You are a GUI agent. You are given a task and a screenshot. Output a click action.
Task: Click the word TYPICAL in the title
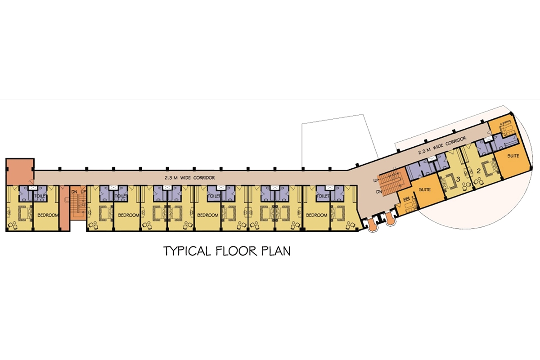tap(187, 251)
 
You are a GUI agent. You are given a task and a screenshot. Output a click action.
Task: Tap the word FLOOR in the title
tap(236, 251)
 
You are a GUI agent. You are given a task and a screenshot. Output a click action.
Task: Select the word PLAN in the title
tap(276, 251)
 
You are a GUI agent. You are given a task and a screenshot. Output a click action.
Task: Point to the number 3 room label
tap(458, 179)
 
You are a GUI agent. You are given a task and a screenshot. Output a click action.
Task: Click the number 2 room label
tap(478, 171)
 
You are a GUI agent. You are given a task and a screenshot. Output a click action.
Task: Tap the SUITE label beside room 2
tap(513, 156)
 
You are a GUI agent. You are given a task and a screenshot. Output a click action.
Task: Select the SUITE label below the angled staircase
tap(424, 189)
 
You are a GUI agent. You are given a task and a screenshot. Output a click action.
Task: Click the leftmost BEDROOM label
tap(48, 215)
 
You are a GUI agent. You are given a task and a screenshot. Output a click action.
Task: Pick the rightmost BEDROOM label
tap(316, 215)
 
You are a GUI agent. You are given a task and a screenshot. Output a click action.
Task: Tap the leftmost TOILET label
tap(40, 196)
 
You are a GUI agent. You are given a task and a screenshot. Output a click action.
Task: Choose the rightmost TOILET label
tap(323, 196)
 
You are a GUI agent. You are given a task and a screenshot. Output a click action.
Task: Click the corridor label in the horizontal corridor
tap(190, 178)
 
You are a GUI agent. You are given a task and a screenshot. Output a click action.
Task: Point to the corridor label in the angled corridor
tap(442, 145)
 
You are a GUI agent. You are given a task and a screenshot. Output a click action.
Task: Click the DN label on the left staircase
tap(74, 192)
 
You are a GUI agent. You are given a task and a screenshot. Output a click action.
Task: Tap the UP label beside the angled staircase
tap(376, 180)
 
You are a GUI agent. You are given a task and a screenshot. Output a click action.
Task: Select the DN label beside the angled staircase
tap(379, 192)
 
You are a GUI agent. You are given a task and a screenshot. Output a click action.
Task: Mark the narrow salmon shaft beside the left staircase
tap(64, 208)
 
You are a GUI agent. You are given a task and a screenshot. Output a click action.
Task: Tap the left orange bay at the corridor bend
tap(373, 225)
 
